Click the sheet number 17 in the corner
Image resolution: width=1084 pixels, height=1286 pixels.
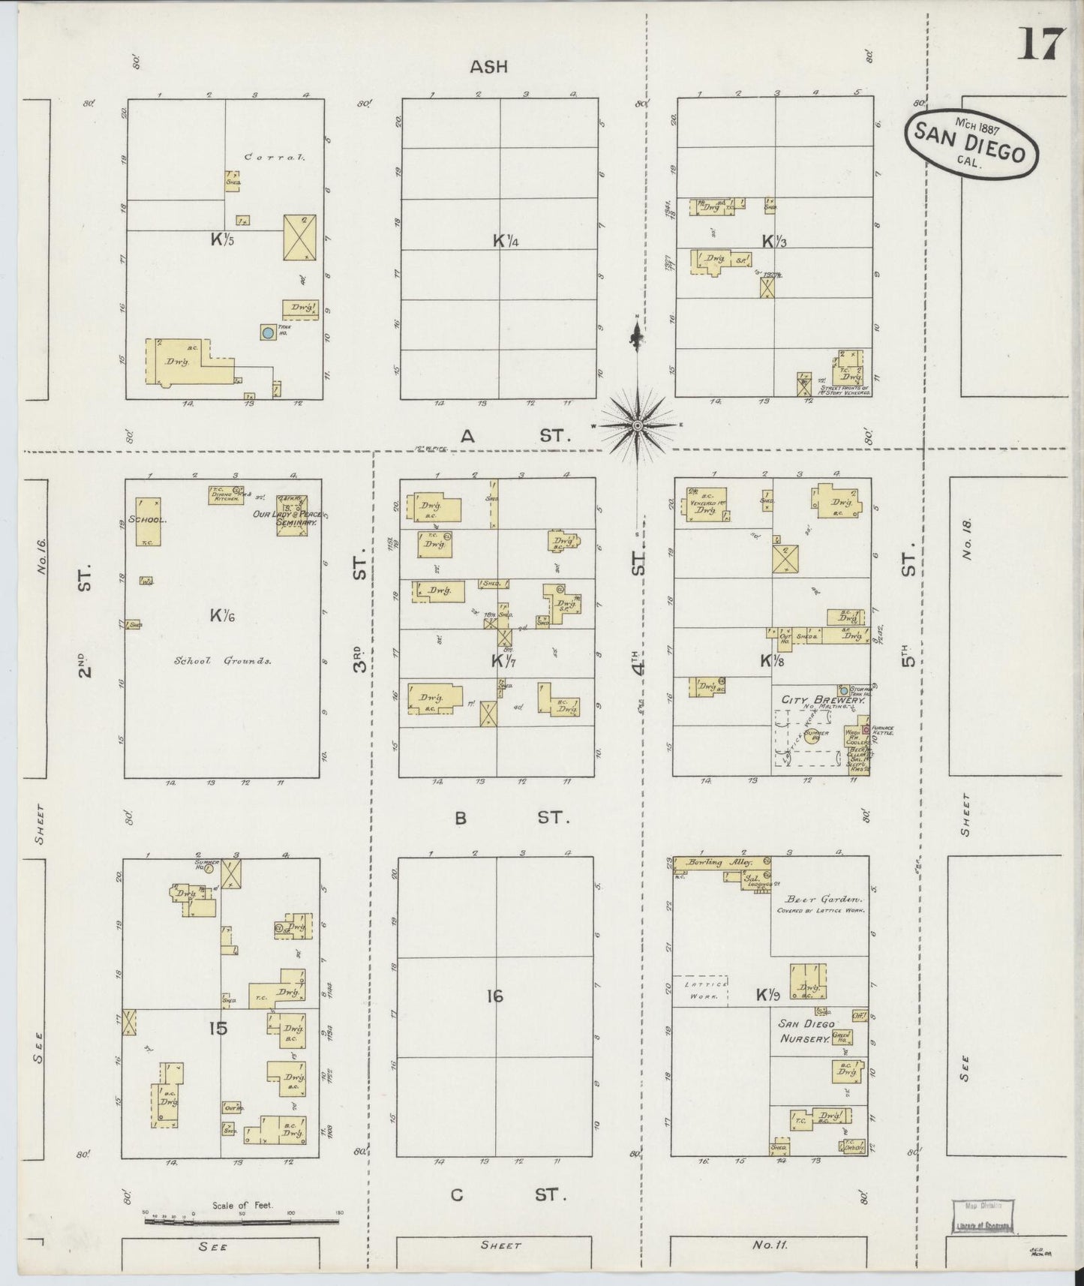pos(1040,45)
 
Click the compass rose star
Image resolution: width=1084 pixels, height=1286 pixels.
pos(637,426)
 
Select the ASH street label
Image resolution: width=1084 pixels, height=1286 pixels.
pos(488,67)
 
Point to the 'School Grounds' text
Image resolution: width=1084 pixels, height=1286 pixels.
pos(222,661)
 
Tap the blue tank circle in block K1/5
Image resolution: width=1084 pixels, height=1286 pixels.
pos(266,332)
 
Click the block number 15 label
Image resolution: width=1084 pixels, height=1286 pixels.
pos(218,1028)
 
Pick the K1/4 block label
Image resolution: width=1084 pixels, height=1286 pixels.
pos(506,241)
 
